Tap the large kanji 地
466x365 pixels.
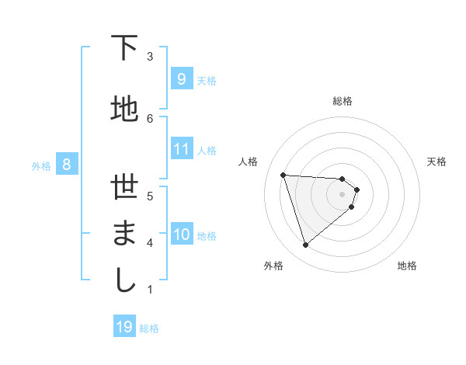(124, 109)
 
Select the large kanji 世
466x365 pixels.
(124, 187)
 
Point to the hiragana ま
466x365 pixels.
(124, 234)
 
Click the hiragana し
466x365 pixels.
(124, 279)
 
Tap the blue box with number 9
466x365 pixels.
(181, 79)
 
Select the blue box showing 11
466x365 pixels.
(181, 148)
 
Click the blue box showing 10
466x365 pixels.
(181, 235)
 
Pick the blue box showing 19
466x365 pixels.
(124, 327)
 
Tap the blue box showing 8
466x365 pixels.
(67, 164)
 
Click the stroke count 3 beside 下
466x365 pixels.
(150, 56)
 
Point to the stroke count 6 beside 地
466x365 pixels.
(150, 117)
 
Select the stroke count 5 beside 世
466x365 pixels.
(150, 196)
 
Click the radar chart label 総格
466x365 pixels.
(343, 101)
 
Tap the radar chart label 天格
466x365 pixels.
(437, 162)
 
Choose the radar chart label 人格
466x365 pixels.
(248, 162)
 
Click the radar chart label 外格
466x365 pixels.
(273, 266)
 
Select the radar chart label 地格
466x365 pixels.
(407, 266)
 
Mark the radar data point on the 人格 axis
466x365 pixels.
(283, 175)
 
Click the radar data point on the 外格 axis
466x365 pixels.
(305, 245)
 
